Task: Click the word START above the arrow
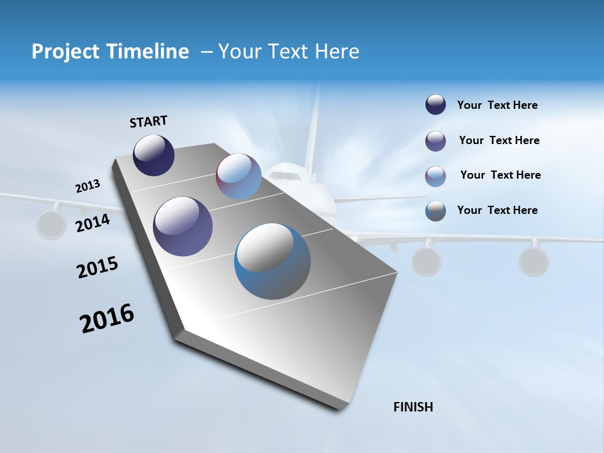click(x=148, y=121)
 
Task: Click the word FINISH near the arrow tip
click(x=413, y=407)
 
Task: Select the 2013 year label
click(x=87, y=186)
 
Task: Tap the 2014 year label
click(x=93, y=223)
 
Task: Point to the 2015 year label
click(x=98, y=267)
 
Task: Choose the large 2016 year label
click(x=107, y=318)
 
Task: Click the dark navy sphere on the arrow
click(x=154, y=155)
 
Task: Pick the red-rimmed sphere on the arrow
click(x=238, y=176)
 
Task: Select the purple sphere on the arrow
click(x=182, y=226)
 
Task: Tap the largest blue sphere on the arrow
click(x=272, y=261)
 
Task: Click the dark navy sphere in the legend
click(x=435, y=105)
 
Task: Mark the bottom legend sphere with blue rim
click(x=435, y=211)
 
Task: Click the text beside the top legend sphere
click(x=497, y=106)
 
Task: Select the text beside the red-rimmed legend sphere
click(x=500, y=175)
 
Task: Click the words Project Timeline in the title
click(x=110, y=52)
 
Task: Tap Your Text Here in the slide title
click(x=289, y=52)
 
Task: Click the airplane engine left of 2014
click(x=52, y=224)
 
